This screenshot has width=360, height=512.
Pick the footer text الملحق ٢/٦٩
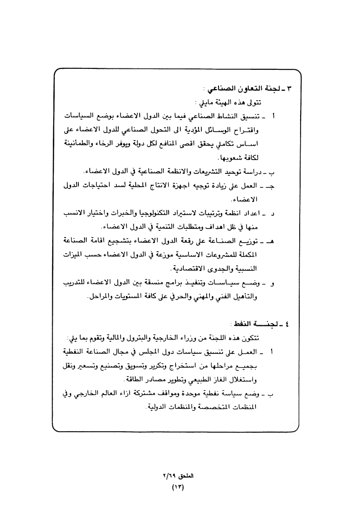click(x=176, y=476)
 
